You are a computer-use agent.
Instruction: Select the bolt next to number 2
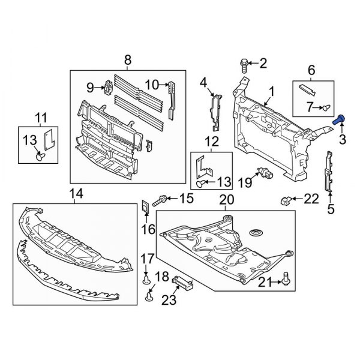point(244,62)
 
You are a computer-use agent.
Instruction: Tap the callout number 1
point(271,92)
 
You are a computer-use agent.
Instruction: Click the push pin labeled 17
point(146,277)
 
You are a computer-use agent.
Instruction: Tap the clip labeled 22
point(287,200)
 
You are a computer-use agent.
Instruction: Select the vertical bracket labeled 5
point(328,173)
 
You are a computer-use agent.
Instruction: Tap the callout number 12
point(211,142)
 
